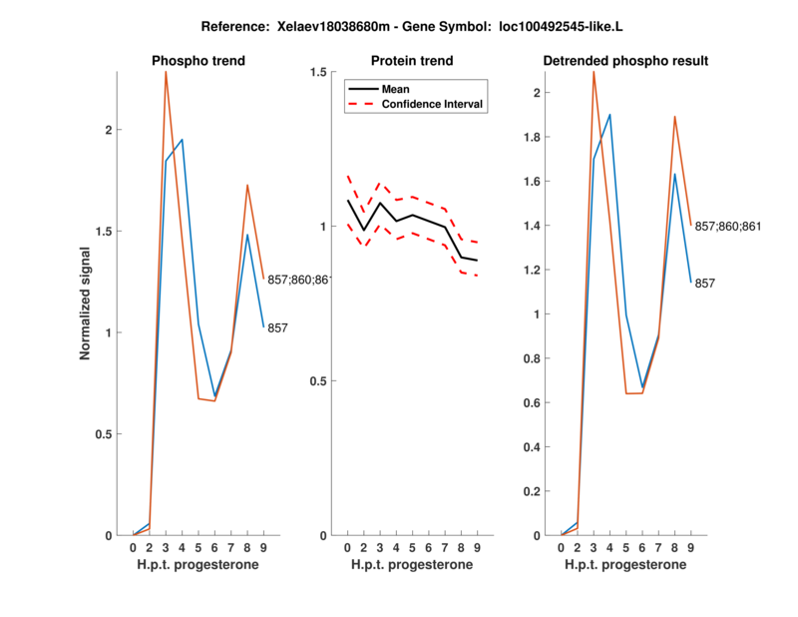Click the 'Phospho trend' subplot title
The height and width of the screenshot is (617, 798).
199,61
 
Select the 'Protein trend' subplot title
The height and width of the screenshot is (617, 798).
412,61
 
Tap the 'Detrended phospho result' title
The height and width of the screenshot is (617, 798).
625,61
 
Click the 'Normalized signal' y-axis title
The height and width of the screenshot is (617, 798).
86,303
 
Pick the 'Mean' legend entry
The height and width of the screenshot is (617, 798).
395,89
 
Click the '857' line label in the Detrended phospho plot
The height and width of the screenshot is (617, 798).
704,284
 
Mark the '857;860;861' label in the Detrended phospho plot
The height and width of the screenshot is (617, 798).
727,227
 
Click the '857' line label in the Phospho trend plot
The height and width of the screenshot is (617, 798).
277,327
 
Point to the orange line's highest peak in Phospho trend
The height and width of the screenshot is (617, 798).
166,72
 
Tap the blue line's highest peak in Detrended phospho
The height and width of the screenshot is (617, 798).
609,115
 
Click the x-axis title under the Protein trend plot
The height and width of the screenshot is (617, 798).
412,565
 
